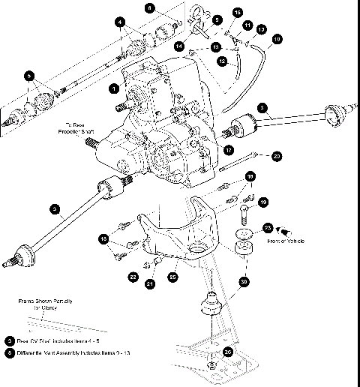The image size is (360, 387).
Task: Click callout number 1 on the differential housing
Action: pyautogui.click(x=112, y=88)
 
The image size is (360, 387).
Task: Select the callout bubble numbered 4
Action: pyautogui.click(x=119, y=23)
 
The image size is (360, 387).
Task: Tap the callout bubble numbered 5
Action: pyautogui.click(x=29, y=76)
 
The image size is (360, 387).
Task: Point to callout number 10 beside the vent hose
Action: pyautogui.click(x=277, y=37)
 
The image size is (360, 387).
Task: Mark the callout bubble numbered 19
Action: pyautogui.click(x=263, y=202)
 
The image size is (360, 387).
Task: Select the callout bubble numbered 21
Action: pyautogui.click(x=150, y=283)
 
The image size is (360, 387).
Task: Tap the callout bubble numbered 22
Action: pyautogui.click(x=133, y=277)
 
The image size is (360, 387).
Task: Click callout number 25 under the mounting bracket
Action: pyautogui.click(x=174, y=277)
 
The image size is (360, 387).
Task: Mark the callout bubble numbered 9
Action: pyautogui.click(x=217, y=20)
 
